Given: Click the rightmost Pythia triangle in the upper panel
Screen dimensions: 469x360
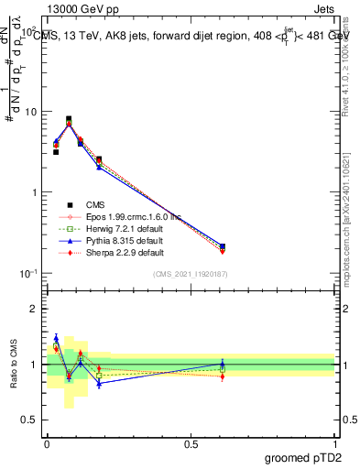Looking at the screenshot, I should click(223, 245).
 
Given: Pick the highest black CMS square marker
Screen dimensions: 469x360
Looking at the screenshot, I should click(69, 119).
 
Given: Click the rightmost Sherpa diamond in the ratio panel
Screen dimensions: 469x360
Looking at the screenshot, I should click(223, 376).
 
